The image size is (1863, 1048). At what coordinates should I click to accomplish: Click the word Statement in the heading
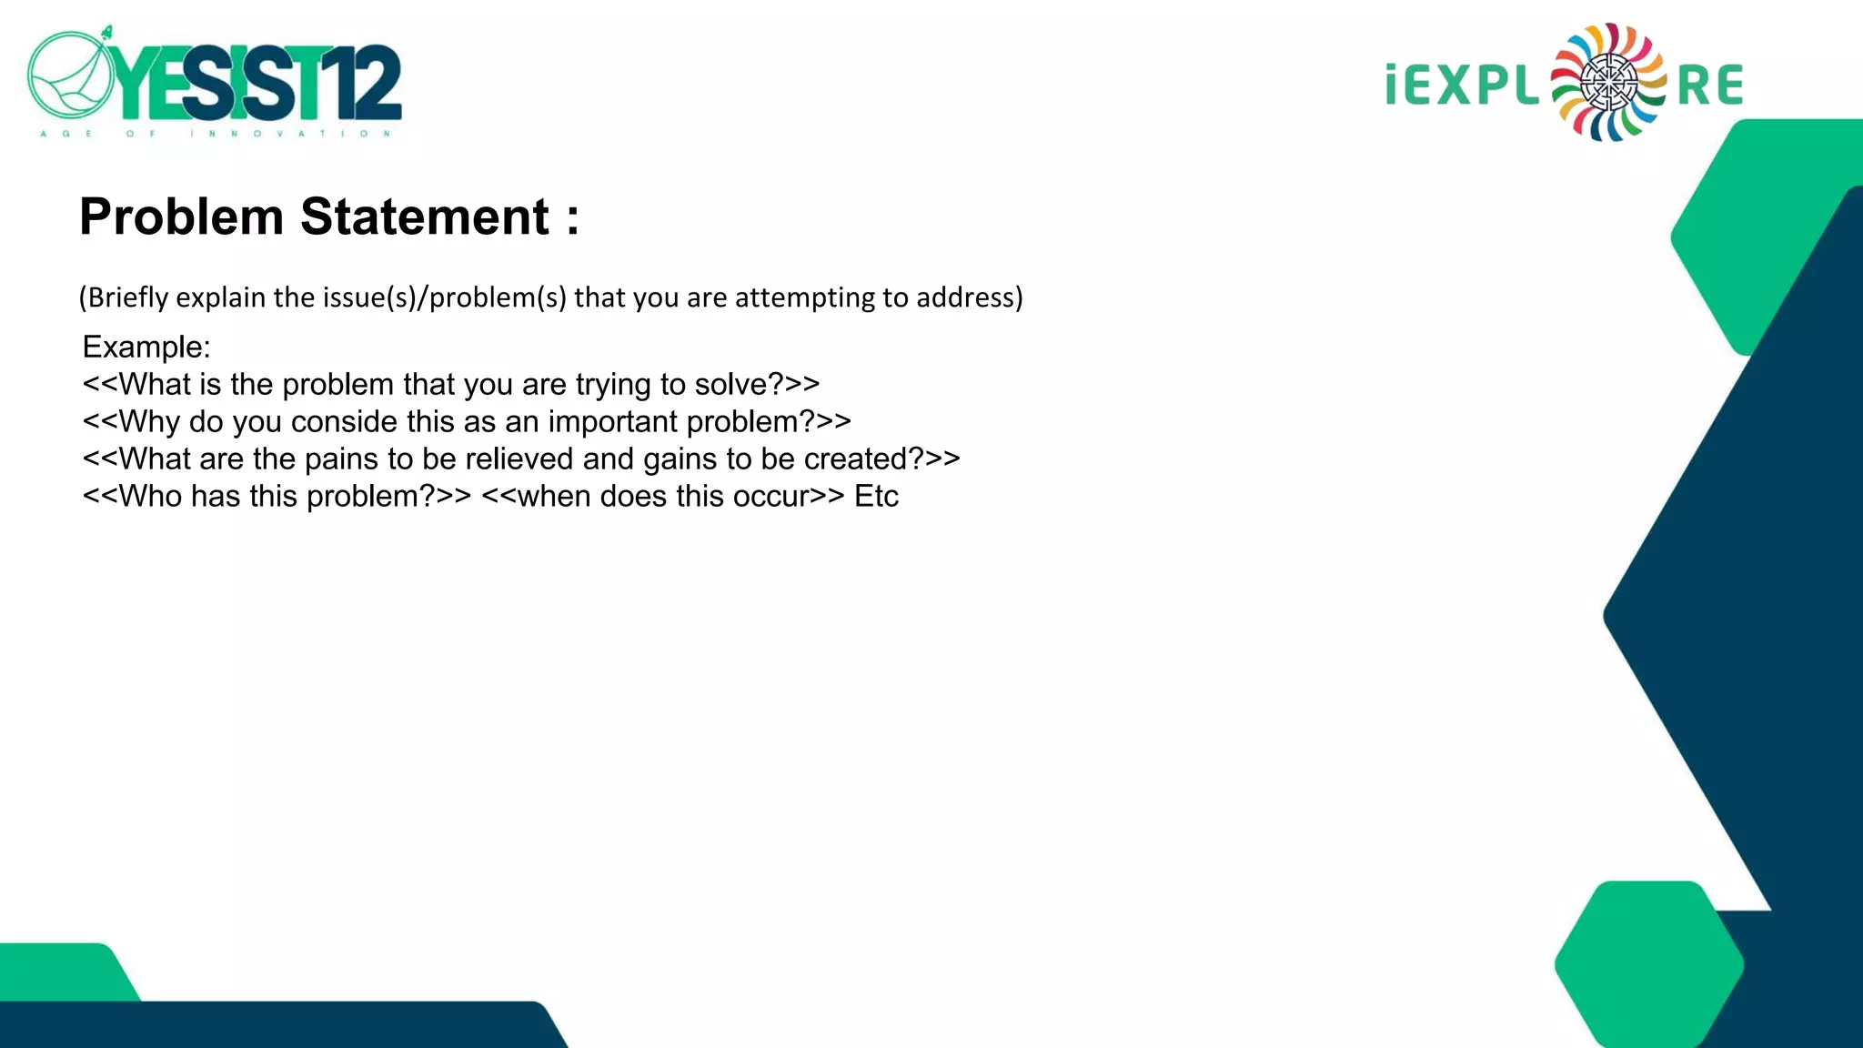click(x=425, y=217)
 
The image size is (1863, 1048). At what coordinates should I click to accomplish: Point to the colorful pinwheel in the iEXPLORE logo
click(x=1608, y=83)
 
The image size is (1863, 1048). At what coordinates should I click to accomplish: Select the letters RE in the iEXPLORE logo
click(x=1709, y=86)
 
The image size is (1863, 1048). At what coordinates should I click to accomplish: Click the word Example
click(x=146, y=347)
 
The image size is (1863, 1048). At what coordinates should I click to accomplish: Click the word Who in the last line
click(x=150, y=496)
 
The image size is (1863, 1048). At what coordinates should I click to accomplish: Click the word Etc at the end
click(x=876, y=496)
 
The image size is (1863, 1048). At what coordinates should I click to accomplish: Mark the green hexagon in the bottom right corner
click(x=1648, y=964)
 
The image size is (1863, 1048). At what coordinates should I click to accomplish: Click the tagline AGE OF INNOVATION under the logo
click(x=215, y=134)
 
